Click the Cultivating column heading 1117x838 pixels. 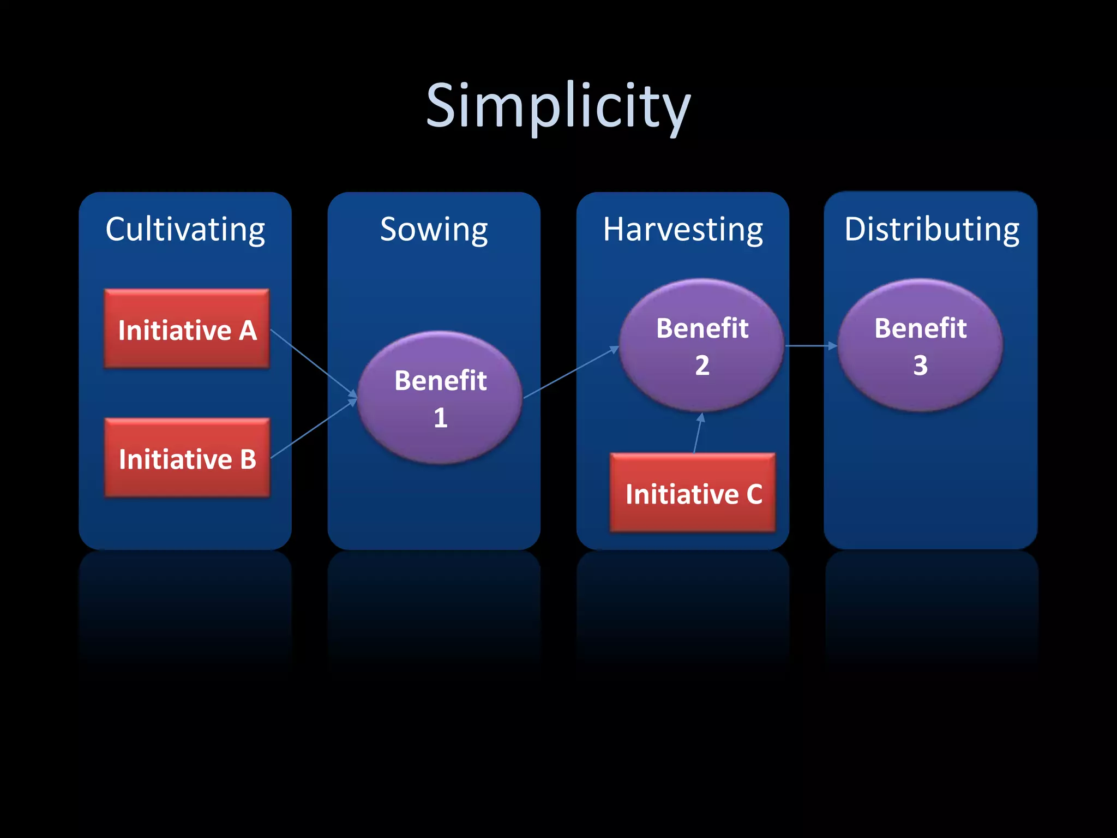pyautogui.click(x=185, y=229)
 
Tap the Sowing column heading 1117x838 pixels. pyautogui.click(x=434, y=229)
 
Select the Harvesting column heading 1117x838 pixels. pyautogui.click(x=683, y=229)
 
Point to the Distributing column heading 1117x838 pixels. pyautogui.click(x=932, y=229)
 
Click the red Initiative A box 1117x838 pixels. pyautogui.click(x=187, y=330)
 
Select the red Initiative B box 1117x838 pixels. pyautogui.click(x=187, y=458)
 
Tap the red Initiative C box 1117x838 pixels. pyautogui.click(x=693, y=493)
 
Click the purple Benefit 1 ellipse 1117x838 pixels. pyautogui.click(x=440, y=397)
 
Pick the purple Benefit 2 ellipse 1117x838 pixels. pyautogui.click(x=702, y=345)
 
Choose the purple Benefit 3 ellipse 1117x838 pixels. pyautogui.click(x=920, y=345)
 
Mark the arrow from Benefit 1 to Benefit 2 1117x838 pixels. pyautogui.click(x=570, y=373)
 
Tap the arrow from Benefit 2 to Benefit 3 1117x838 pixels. pyautogui.click(x=810, y=345)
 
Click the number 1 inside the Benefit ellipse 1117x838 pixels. pyautogui.click(x=441, y=418)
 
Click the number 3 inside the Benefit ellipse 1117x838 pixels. pyautogui.click(x=920, y=366)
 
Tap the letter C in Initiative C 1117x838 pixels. pyautogui.click(x=754, y=494)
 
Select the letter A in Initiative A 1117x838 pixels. pyautogui.click(x=248, y=331)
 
